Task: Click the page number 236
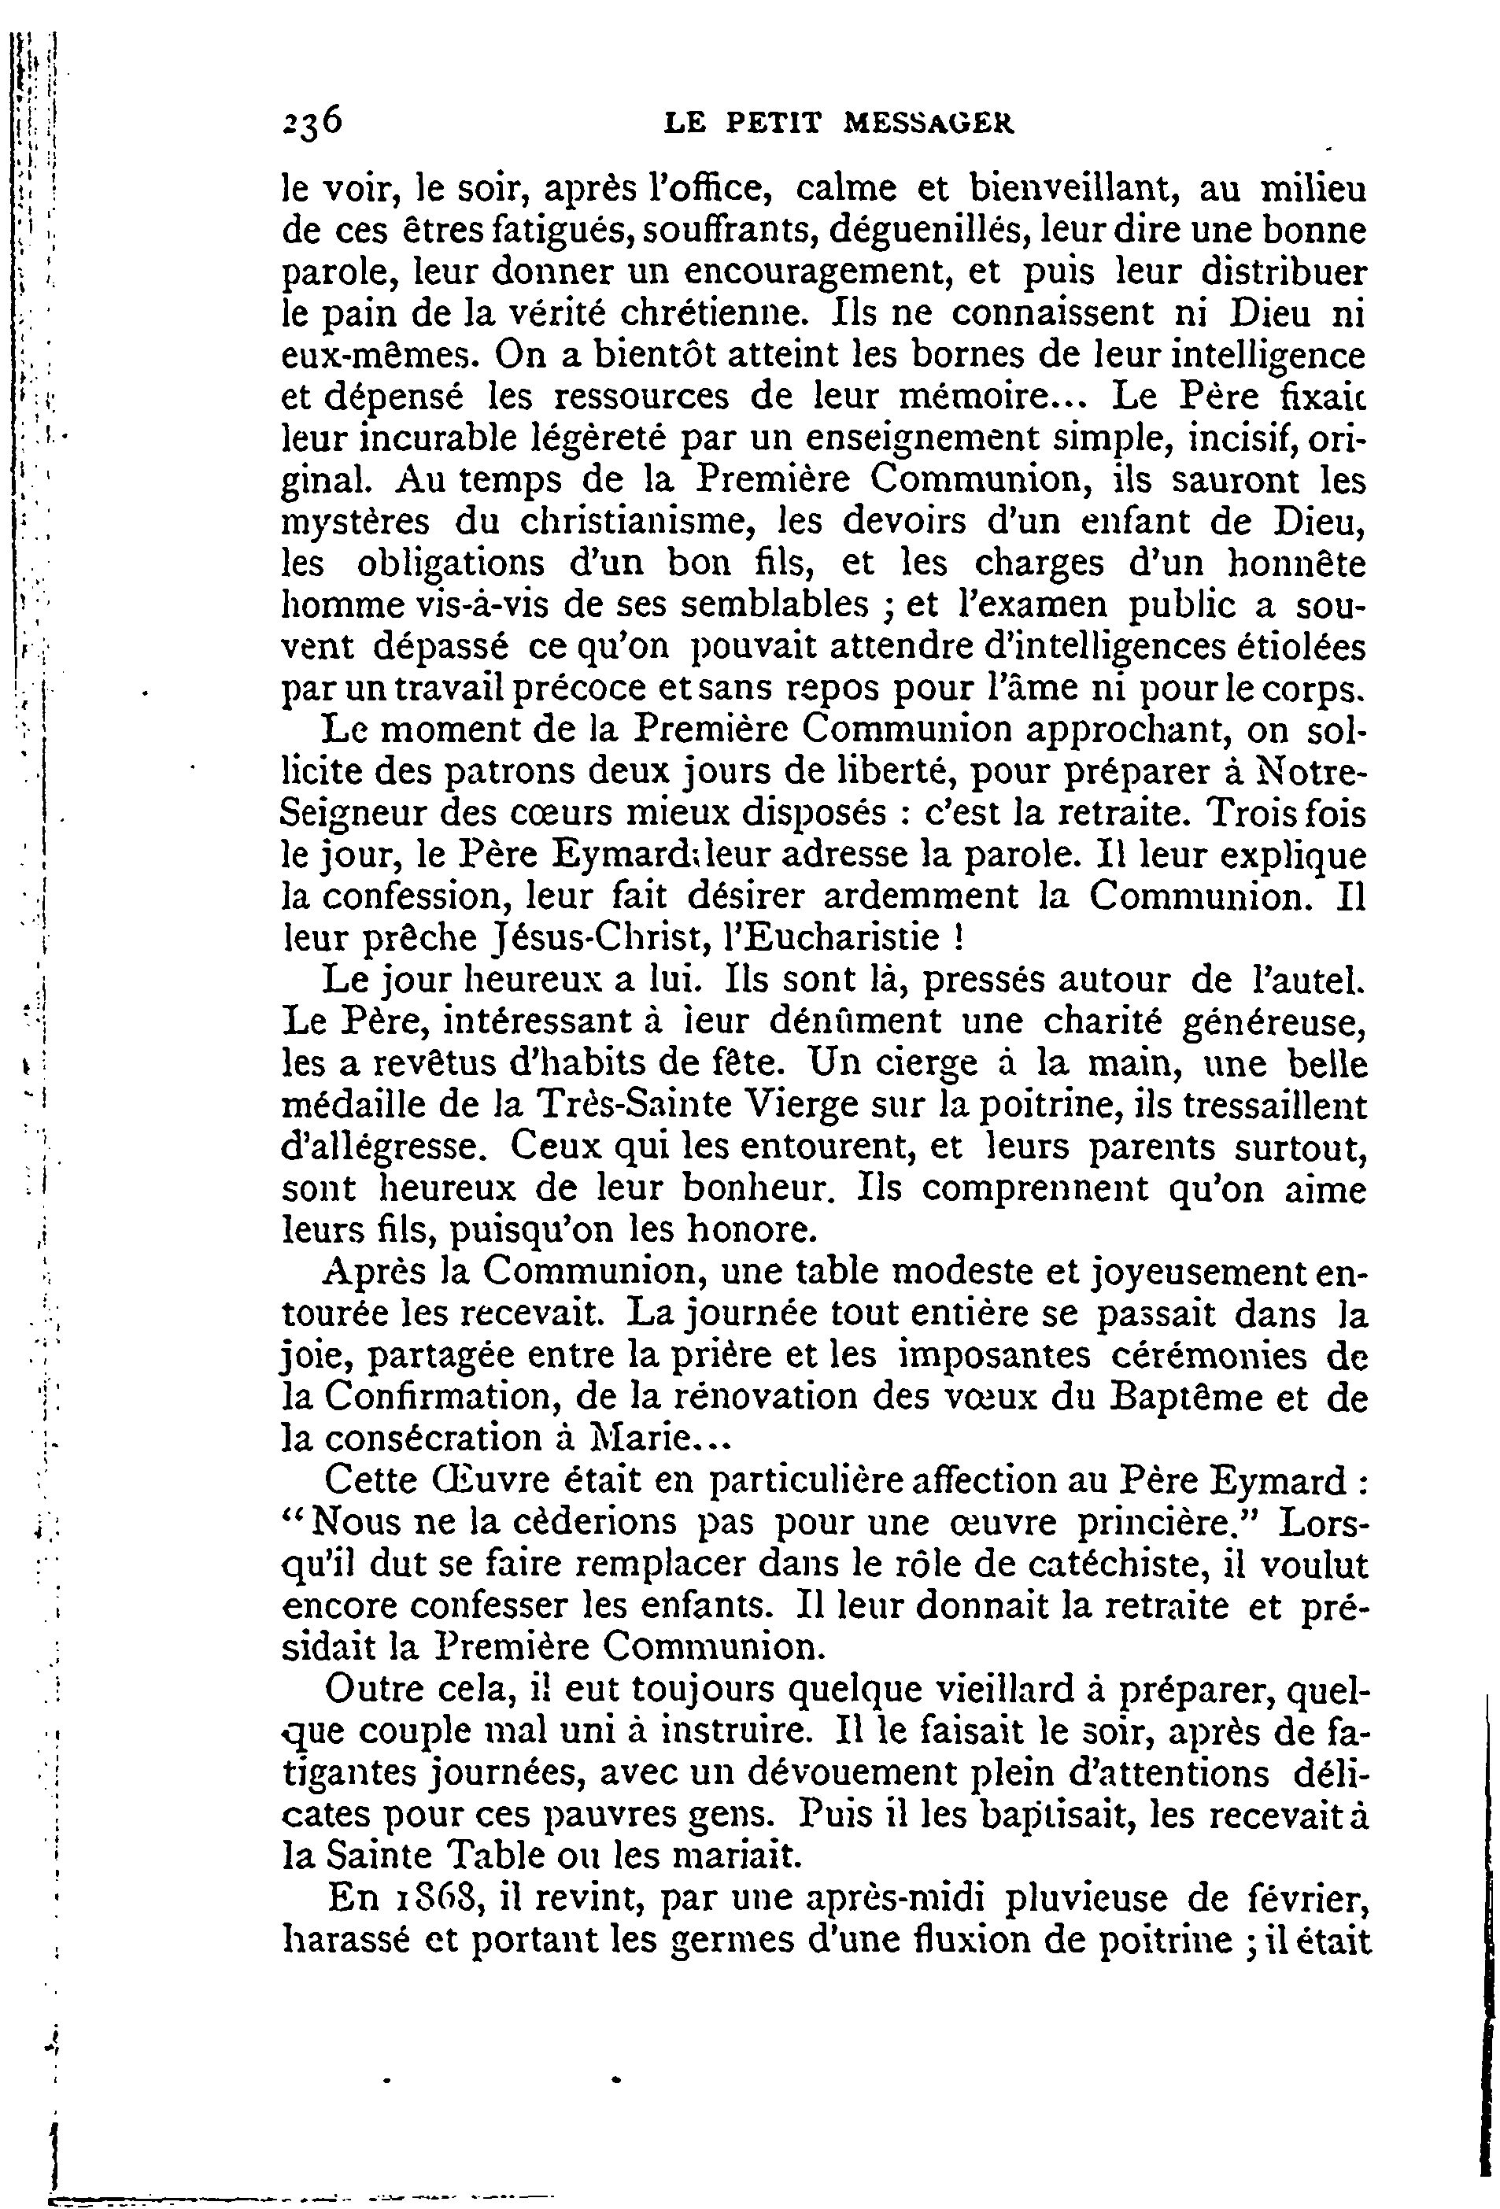point(312,123)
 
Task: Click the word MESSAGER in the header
point(929,124)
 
